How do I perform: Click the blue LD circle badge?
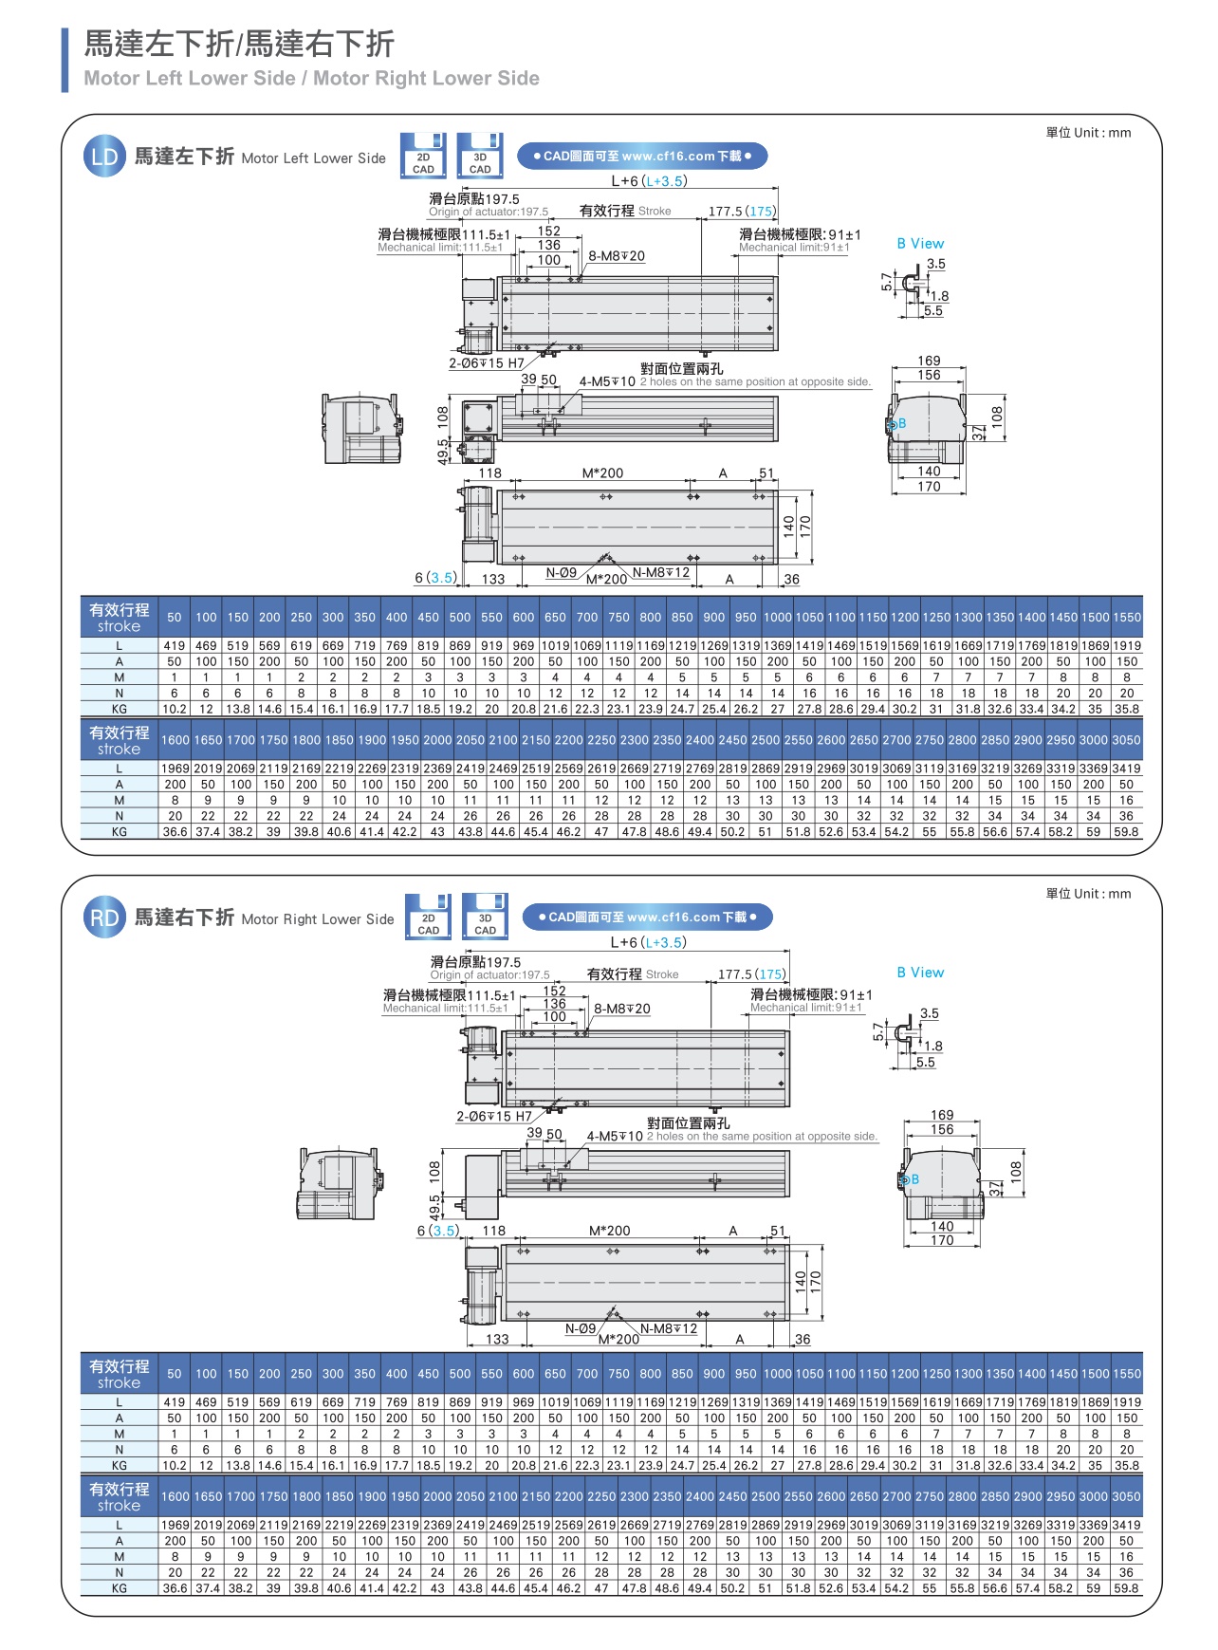(104, 157)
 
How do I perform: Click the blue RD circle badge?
(104, 918)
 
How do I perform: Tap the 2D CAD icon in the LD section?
(423, 156)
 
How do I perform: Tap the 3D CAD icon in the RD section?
(485, 917)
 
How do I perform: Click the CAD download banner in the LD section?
(641, 156)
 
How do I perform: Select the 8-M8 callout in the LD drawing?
(616, 256)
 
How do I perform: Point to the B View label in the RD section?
(920, 973)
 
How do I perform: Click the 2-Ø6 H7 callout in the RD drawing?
(494, 1117)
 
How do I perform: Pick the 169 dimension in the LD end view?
(929, 361)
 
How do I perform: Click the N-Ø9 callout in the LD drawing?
(562, 573)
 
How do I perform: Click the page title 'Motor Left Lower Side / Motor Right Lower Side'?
(311, 79)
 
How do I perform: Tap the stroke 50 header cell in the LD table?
(175, 618)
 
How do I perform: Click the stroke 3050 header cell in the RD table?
(1126, 1496)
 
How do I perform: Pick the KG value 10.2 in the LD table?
(175, 709)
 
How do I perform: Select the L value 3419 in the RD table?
(1126, 1525)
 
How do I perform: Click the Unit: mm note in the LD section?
(1088, 133)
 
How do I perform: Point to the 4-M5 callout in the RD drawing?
(615, 1136)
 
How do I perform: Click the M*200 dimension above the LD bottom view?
(602, 473)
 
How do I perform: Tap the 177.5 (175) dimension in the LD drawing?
(742, 212)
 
